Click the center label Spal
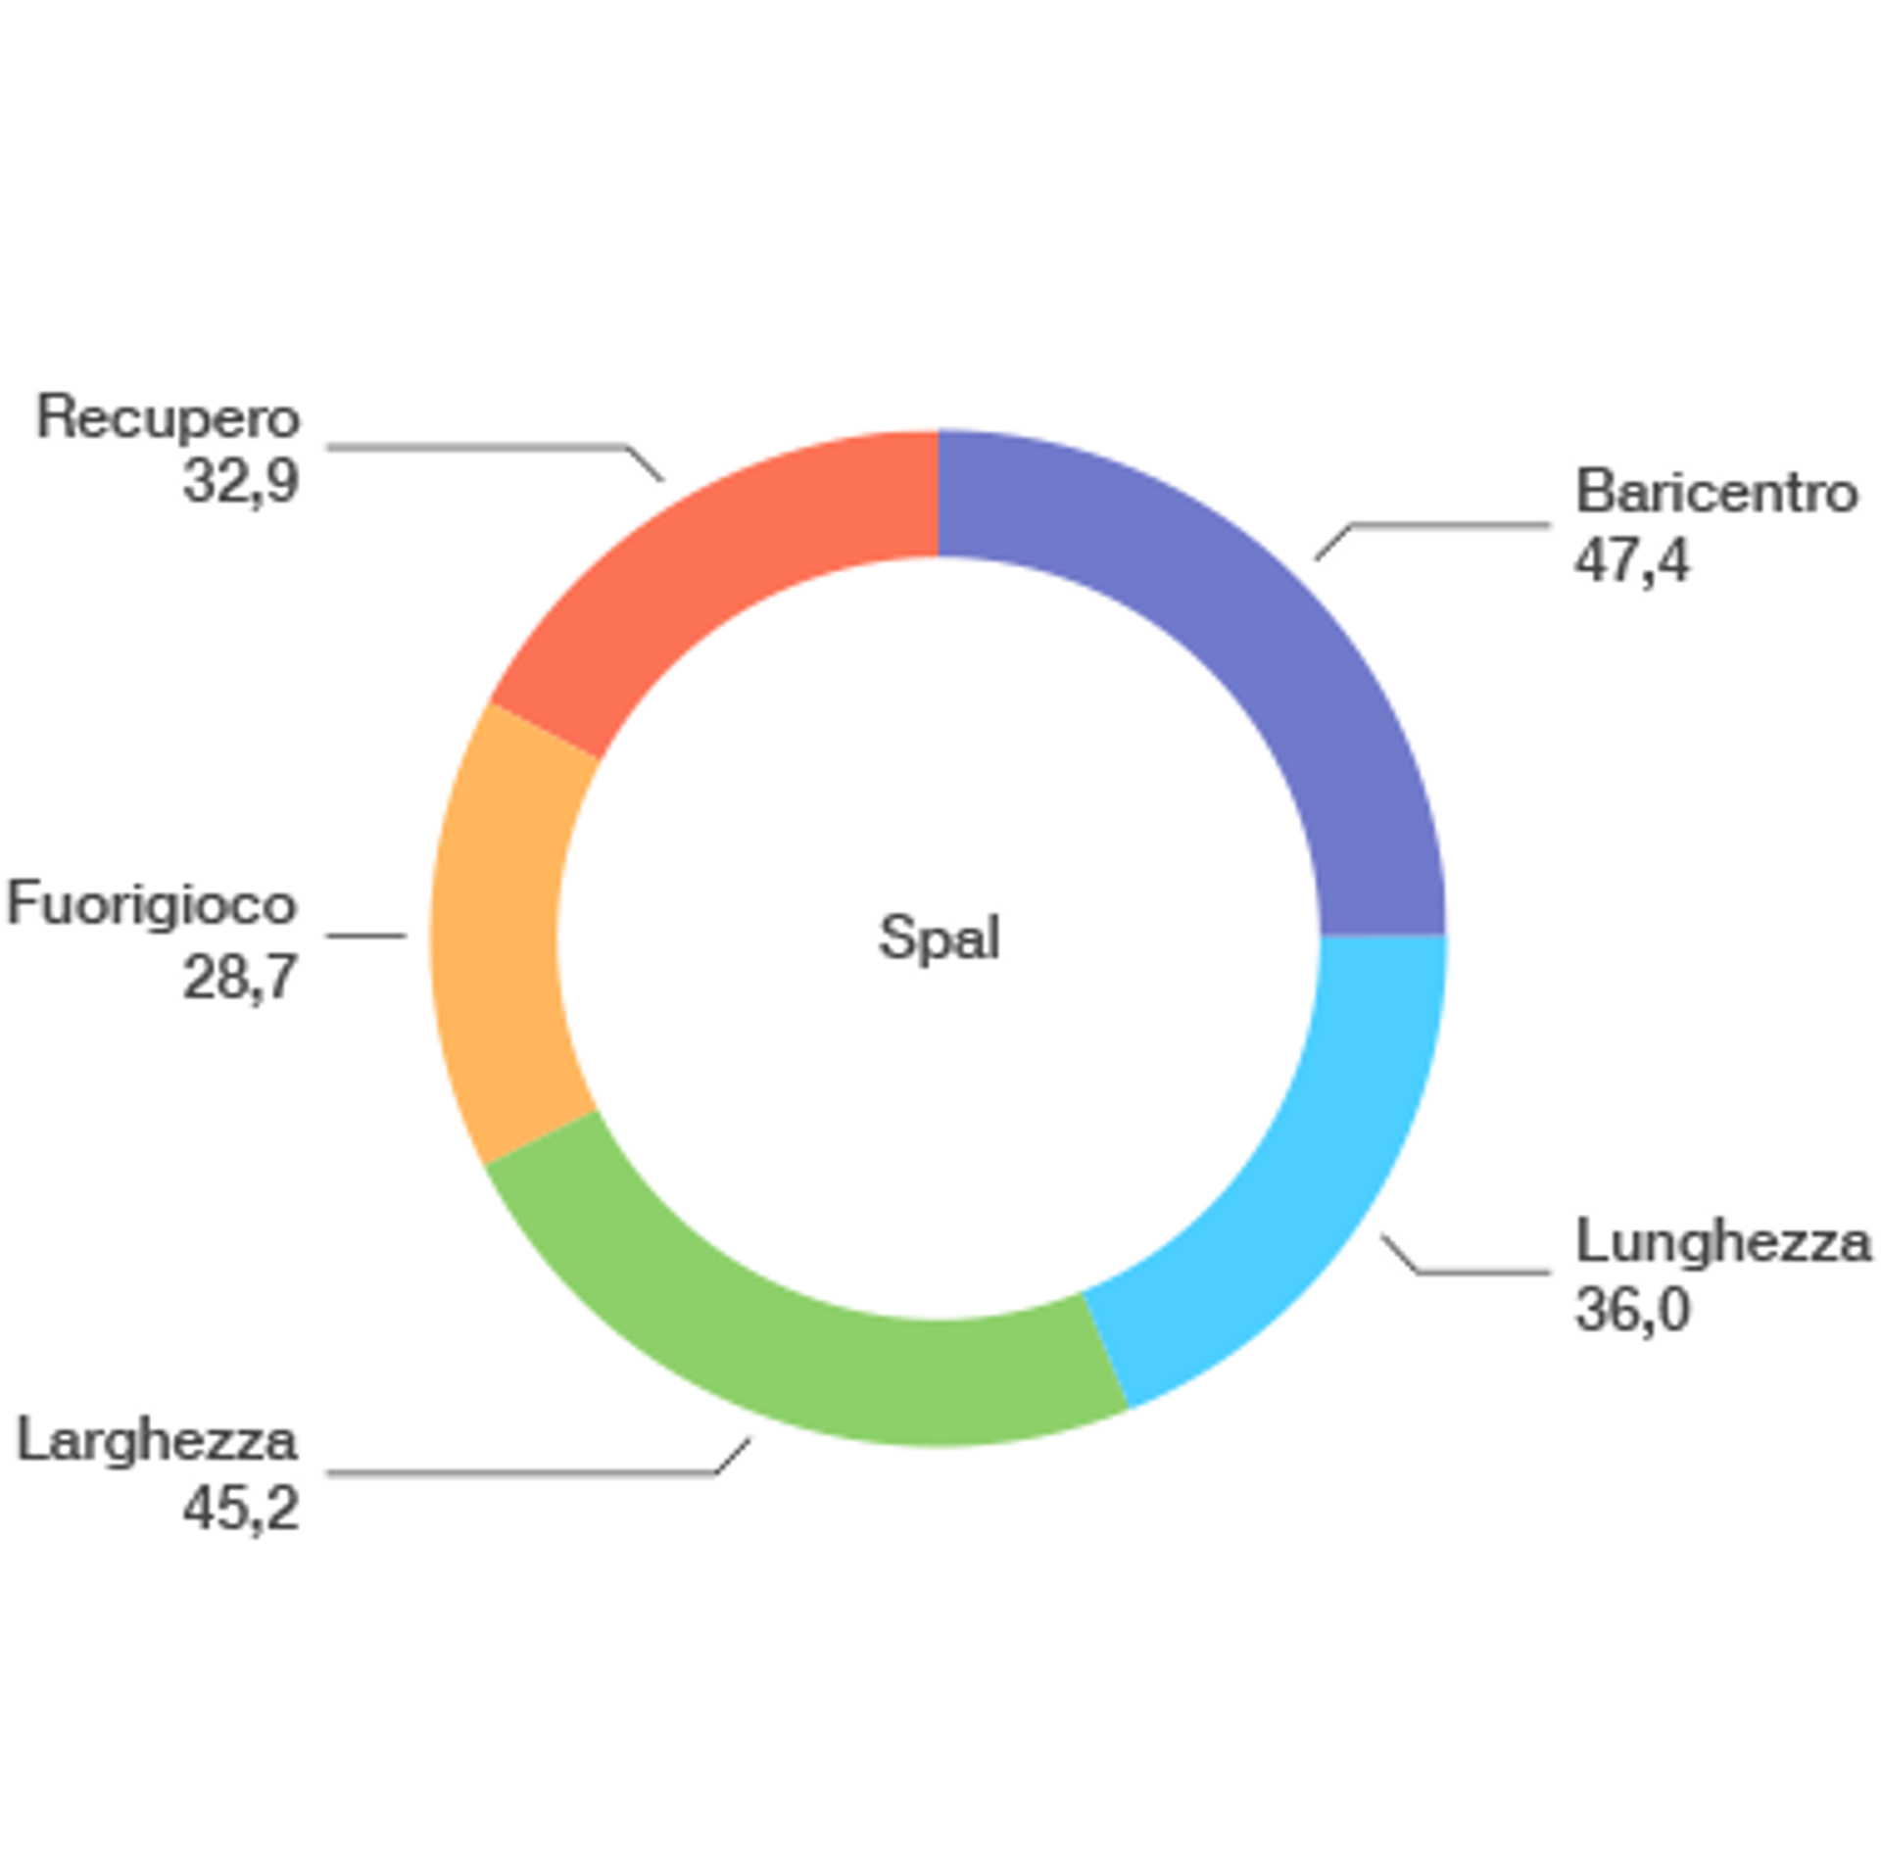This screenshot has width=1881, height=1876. (x=939, y=938)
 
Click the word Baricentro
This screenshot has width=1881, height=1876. (x=1715, y=492)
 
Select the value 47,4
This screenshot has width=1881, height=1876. (x=1631, y=561)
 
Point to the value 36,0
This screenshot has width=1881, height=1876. (x=1632, y=1310)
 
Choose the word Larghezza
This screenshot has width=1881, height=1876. (x=158, y=1441)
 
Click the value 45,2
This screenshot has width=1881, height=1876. (x=241, y=1509)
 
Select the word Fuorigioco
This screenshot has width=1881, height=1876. (x=152, y=903)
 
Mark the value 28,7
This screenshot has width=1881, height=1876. (x=241, y=977)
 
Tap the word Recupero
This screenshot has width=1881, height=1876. (x=168, y=417)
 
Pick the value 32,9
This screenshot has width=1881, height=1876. (x=241, y=481)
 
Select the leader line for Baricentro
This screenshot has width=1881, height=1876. (x=1450, y=525)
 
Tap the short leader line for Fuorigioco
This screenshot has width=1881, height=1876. (x=365, y=936)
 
